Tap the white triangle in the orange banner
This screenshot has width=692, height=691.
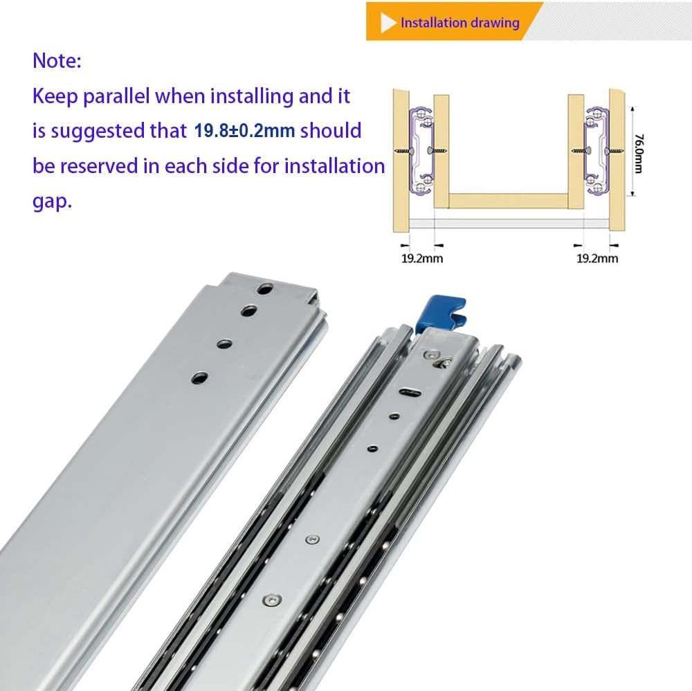[388, 23]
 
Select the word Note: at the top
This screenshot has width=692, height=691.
[57, 60]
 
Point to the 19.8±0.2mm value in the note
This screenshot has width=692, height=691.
[244, 131]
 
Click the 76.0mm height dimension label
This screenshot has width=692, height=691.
[639, 153]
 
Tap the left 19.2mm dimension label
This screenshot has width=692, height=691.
[422, 258]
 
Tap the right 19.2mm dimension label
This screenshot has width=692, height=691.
[597, 258]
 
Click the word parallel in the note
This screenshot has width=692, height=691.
[116, 96]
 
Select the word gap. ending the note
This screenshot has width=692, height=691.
[52, 202]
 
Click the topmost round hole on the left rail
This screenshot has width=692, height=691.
[265, 289]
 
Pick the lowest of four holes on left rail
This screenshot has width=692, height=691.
[199, 378]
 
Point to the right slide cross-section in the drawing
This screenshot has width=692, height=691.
[597, 150]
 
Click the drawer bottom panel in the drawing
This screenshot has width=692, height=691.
[509, 201]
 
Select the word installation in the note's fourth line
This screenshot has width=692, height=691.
[334, 166]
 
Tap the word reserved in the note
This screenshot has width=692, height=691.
[99, 166]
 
